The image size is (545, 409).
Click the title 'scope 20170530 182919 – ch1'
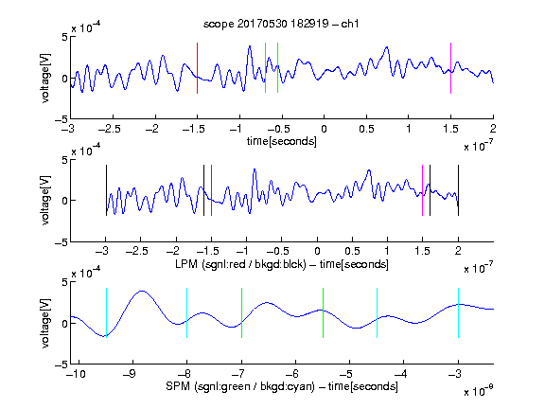pyautogui.click(x=281, y=24)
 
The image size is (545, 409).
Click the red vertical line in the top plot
pyautogui.click(x=197, y=68)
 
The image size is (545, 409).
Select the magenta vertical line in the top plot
pyautogui.click(x=450, y=68)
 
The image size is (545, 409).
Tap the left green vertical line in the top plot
pyautogui.click(x=265, y=68)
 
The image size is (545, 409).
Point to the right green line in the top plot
pyautogui.click(x=278, y=68)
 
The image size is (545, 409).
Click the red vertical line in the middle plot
pyautogui.click(x=211, y=190)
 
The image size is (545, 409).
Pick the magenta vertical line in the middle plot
pyautogui.click(x=422, y=190)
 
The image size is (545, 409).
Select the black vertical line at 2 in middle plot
pyautogui.click(x=458, y=190)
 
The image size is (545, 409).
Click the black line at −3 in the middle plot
pyautogui.click(x=106, y=190)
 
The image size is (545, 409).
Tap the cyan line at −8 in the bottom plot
pyautogui.click(x=187, y=312)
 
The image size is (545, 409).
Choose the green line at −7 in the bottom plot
pyautogui.click(x=241, y=312)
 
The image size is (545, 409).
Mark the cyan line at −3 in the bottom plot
pyautogui.click(x=459, y=312)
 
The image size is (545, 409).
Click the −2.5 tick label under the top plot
pyautogui.click(x=110, y=130)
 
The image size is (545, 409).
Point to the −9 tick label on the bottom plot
pyautogui.click(x=130, y=374)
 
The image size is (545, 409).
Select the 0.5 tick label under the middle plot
pyautogui.click(x=352, y=251)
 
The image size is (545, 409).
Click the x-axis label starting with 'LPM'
pyautogui.click(x=282, y=264)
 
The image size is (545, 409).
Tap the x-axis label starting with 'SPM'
pyautogui.click(x=282, y=386)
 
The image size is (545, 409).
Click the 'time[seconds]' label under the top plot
pyautogui.click(x=282, y=141)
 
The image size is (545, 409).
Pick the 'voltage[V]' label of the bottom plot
pyautogui.click(x=45, y=324)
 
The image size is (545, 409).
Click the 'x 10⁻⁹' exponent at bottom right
pyautogui.click(x=478, y=391)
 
